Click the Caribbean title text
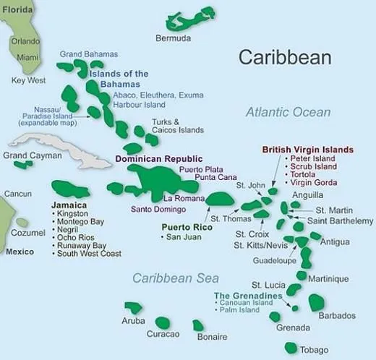[x=285, y=58]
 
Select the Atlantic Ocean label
[x=287, y=112]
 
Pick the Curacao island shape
[x=163, y=322]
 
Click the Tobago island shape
[x=292, y=348]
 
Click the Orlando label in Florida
[x=26, y=41]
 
